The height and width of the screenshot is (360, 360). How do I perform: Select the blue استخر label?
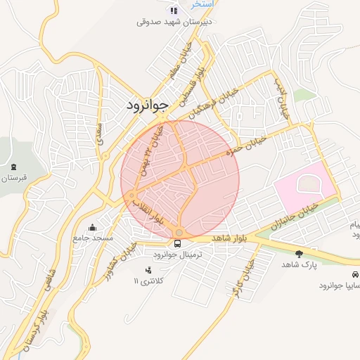point(202,4)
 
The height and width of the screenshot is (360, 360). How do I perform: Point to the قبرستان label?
point(13,178)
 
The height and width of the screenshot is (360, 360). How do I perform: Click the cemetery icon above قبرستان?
point(15,167)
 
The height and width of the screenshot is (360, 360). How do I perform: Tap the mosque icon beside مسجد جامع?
point(94,227)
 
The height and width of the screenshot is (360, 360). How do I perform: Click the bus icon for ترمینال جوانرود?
point(177,243)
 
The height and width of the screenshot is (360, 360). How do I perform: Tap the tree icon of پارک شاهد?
point(300,253)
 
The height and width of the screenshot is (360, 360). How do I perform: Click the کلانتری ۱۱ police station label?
point(148,281)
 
